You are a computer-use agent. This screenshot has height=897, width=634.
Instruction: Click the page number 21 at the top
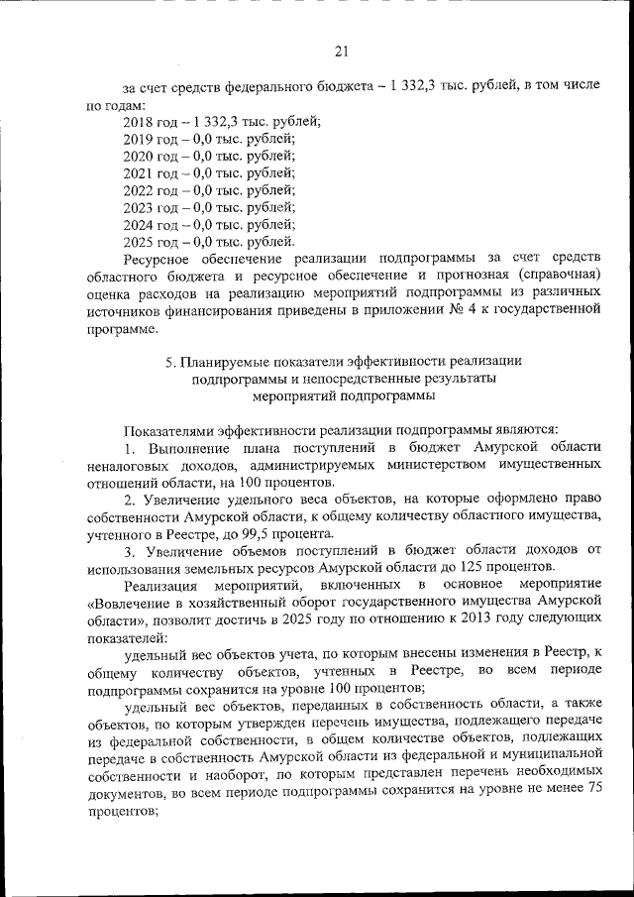click(x=341, y=52)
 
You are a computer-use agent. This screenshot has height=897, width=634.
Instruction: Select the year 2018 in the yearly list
click(x=138, y=121)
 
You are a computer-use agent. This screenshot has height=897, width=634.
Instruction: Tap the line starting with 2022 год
click(x=208, y=189)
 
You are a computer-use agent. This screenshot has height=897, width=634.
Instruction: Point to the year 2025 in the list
click(x=138, y=241)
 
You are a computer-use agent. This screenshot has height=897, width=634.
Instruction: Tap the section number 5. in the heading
click(x=171, y=361)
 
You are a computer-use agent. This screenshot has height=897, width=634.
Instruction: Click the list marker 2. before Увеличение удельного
click(x=130, y=500)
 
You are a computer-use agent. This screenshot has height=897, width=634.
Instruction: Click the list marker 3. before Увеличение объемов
click(x=130, y=551)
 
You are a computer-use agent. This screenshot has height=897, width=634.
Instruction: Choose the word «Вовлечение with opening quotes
click(x=131, y=603)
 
